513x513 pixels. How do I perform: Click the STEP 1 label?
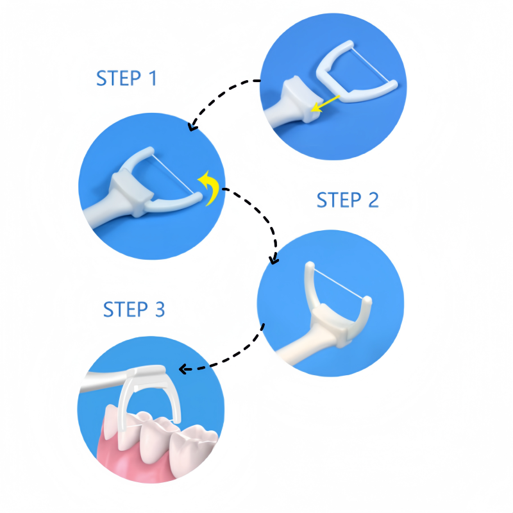pyautogui.click(x=126, y=78)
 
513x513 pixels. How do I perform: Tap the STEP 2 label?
pyautogui.click(x=348, y=200)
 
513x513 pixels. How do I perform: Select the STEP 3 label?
pyautogui.click(x=134, y=309)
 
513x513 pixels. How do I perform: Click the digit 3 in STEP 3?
pyautogui.click(x=160, y=309)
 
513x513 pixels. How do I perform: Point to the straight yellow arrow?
pyautogui.click(x=325, y=104)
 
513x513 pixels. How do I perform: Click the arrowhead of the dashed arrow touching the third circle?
pyautogui.click(x=274, y=259)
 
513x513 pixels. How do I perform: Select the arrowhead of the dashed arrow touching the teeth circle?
pyautogui.click(x=184, y=369)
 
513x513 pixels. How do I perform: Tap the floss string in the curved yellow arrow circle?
pyautogui.click(x=173, y=174)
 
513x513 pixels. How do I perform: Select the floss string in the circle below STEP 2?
pyautogui.click(x=339, y=283)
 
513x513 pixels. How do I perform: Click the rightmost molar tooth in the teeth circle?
pyautogui.click(x=193, y=448)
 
